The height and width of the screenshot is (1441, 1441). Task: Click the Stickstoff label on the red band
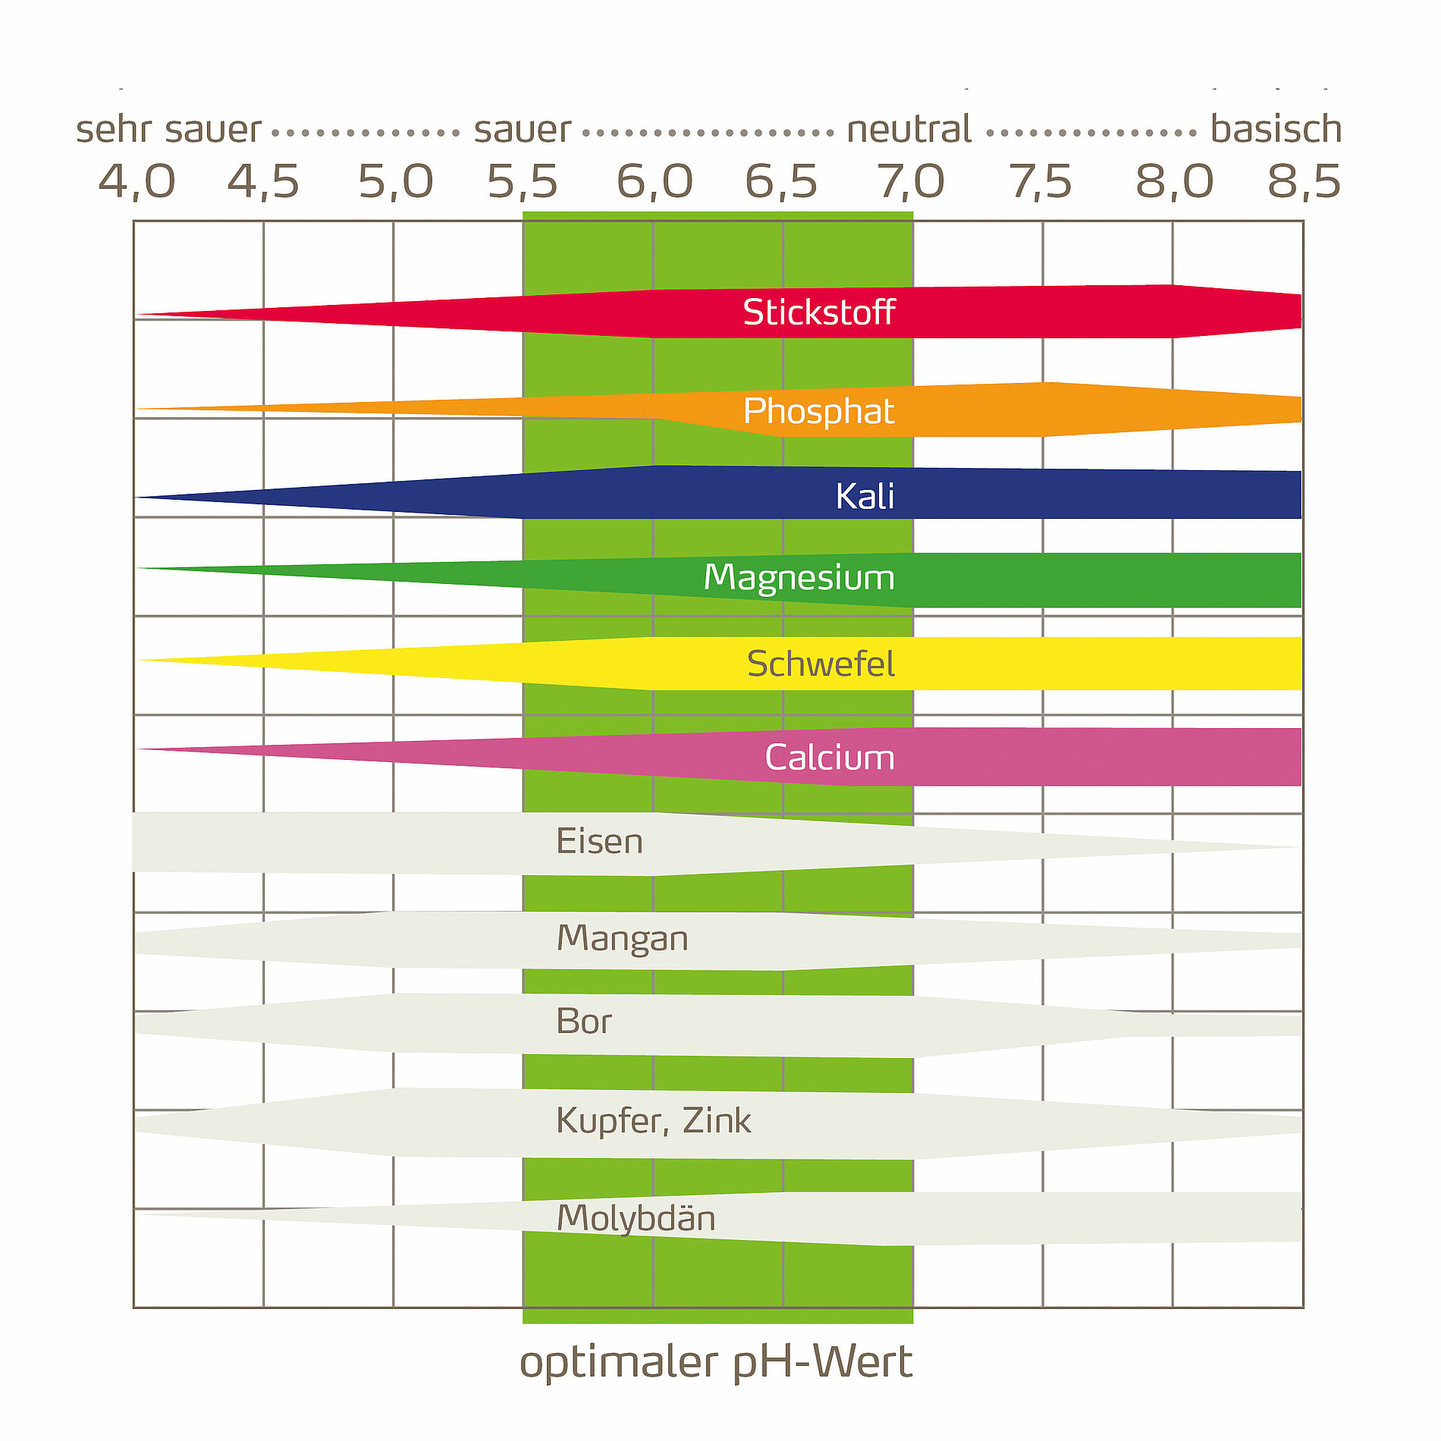tap(818, 312)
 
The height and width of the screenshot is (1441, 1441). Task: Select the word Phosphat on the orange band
tap(818, 411)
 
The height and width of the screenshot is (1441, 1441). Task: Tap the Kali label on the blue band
tap(865, 497)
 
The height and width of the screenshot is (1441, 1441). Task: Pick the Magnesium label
tap(799, 578)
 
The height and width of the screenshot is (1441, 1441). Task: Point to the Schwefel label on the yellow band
tap(821, 664)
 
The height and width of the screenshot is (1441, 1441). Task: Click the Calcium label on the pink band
tap(830, 758)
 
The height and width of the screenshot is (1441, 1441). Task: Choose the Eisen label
tap(599, 842)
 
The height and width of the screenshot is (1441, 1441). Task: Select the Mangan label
tap(622, 939)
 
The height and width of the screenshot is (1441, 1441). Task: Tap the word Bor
tap(583, 1022)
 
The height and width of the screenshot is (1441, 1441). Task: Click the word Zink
tap(717, 1121)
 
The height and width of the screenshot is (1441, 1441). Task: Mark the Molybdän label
tap(636, 1219)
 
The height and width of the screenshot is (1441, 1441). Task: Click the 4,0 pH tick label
tap(137, 182)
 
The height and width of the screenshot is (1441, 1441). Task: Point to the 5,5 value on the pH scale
tap(522, 182)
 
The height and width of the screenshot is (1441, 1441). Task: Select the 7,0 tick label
tap(911, 182)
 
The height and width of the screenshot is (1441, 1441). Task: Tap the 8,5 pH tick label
tap(1304, 182)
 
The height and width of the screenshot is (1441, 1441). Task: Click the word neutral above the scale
tap(909, 129)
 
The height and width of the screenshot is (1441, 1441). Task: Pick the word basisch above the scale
tap(1276, 129)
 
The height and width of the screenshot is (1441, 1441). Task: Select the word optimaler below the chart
tap(618, 1363)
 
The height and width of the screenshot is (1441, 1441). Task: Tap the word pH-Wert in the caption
tap(822, 1363)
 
